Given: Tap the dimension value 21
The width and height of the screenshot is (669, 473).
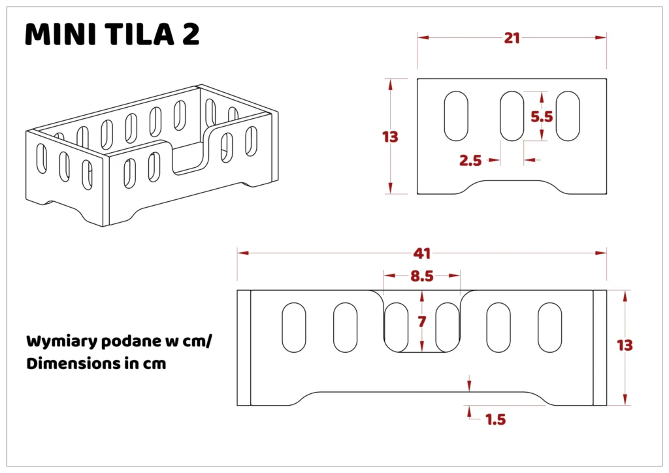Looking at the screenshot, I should point(512,38).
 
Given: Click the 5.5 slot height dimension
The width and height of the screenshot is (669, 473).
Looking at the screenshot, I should point(542,117).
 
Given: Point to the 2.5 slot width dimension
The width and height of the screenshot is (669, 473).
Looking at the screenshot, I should point(470,160).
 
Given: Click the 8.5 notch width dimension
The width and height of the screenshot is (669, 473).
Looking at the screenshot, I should point(422,276).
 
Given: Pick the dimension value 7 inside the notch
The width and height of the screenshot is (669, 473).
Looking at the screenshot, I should point(421,321).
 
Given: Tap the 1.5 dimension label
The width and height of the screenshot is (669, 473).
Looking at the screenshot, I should point(496,419).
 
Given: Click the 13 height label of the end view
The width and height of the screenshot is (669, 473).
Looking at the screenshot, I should point(391,137).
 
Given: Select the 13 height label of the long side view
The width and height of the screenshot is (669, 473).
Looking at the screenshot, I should point(625,346).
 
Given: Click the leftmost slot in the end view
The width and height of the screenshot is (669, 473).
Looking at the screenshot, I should point(456,116).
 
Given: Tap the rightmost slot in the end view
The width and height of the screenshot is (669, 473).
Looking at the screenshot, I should point(568,116).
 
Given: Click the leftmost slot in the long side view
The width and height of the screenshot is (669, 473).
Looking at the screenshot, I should point(293,328).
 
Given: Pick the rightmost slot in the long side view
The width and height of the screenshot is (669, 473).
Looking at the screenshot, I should point(550,328).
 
